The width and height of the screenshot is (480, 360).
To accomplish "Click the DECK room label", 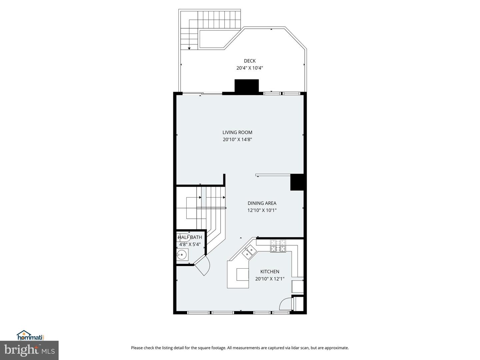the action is tap(250, 61).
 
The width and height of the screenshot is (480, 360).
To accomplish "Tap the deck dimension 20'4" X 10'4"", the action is tap(250, 68).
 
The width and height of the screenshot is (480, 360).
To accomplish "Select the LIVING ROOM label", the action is tap(237, 132).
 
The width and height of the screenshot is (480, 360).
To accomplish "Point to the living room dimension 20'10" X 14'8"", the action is tap(237, 139).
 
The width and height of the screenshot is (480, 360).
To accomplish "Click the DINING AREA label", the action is tap(262, 203).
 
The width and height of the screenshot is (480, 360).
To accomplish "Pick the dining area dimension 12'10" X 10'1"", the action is tap(262, 210).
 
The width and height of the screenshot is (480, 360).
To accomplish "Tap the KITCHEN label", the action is tap(270, 271).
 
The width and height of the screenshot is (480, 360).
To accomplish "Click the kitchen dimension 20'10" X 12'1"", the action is tap(270, 279).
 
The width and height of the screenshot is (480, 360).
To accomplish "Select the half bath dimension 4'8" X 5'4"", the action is tap(190, 244).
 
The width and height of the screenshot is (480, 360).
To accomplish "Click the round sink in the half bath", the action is tap(182, 254).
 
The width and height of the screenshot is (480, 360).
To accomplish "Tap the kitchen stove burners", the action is tap(278, 246).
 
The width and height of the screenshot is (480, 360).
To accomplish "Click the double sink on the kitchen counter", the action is tap(249, 252).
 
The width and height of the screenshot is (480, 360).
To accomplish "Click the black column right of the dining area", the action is tap(297, 182).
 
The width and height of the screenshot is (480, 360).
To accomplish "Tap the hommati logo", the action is tap(31, 335).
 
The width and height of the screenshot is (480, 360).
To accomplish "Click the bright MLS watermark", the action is tap(29, 350).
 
